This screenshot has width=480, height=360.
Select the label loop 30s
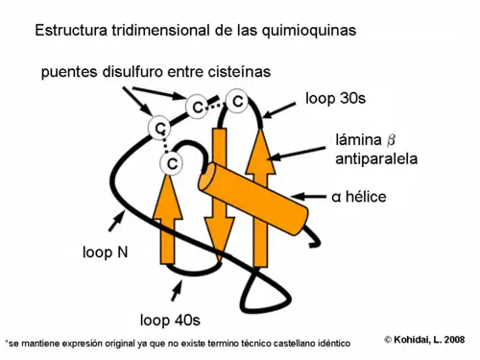click(x=337, y=98)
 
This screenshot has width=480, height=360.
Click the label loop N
click(x=106, y=254)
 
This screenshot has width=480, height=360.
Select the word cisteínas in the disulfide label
click(x=241, y=71)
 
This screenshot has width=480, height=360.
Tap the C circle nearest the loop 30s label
click(x=237, y=101)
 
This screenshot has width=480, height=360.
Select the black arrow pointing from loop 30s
click(x=282, y=110)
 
